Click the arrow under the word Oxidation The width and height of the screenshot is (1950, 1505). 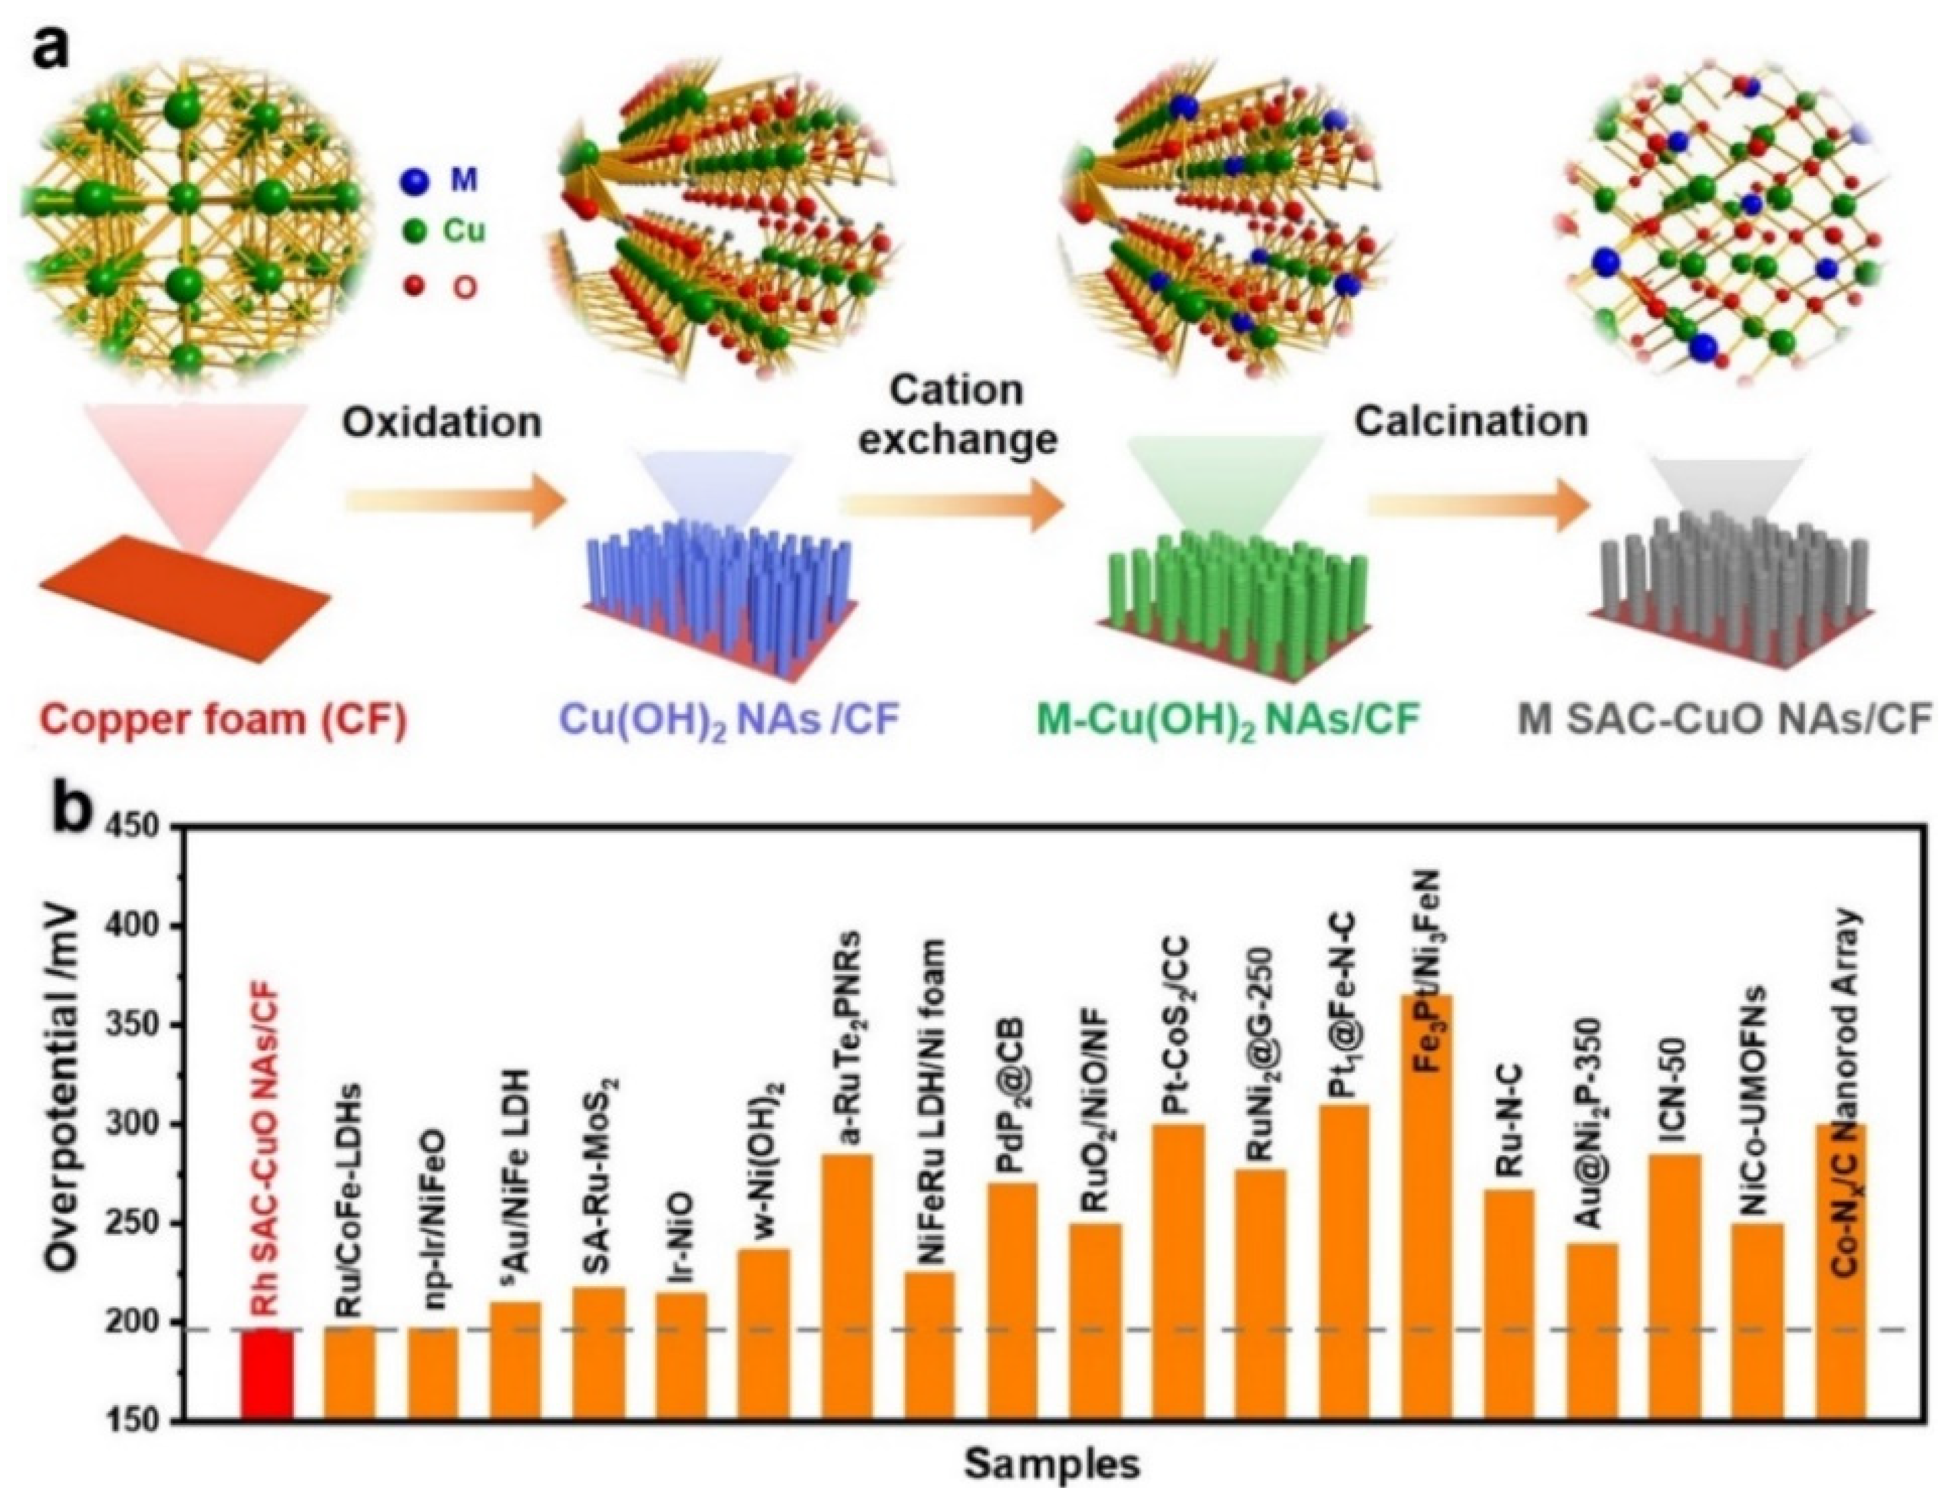pos(455,504)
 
